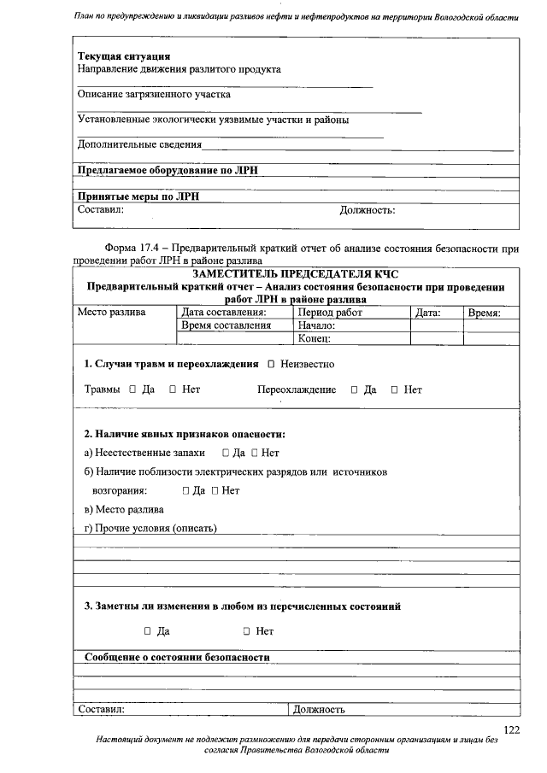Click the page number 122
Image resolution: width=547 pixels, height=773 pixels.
click(x=511, y=729)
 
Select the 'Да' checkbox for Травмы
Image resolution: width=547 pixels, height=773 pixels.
click(x=133, y=390)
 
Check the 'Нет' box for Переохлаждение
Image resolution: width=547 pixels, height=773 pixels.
click(x=395, y=390)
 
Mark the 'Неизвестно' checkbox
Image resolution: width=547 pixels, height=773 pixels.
click(x=271, y=365)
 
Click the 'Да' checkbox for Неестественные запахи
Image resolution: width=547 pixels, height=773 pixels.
click(x=225, y=453)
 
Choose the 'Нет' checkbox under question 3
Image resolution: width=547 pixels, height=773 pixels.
click(x=246, y=631)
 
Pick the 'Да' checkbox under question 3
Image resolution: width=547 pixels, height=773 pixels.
click(x=148, y=631)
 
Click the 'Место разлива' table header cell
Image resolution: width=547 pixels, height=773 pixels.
click(x=112, y=313)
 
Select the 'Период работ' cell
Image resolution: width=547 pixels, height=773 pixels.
click(x=330, y=313)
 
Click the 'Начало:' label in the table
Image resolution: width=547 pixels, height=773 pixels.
click(x=316, y=325)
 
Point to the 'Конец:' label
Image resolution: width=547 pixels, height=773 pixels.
click(x=315, y=338)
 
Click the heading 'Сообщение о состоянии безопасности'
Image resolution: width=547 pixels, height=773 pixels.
click(x=177, y=658)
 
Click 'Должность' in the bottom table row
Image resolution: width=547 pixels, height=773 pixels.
click(x=319, y=709)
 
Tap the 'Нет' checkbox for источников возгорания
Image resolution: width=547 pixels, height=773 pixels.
click(x=215, y=491)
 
